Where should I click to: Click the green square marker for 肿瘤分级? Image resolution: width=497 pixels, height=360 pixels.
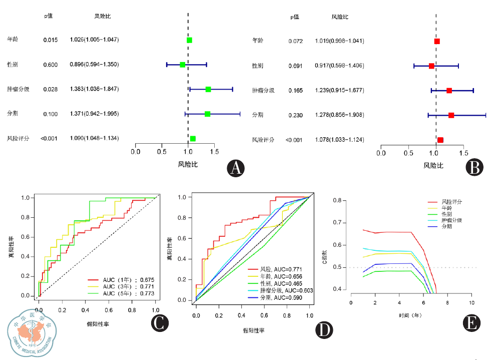208,89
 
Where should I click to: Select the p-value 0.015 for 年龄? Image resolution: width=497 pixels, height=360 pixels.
50,40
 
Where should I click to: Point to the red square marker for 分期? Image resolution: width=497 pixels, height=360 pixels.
451,115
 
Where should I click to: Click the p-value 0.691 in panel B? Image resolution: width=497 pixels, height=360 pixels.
295,66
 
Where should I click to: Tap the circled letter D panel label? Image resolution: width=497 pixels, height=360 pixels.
324,330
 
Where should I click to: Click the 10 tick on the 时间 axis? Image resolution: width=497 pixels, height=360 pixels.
471,303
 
